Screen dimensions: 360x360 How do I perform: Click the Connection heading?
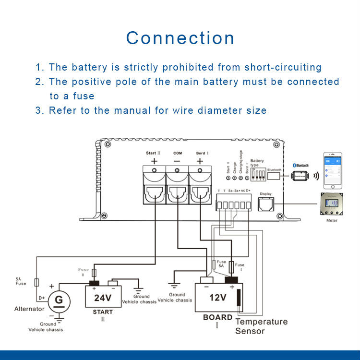click(x=180, y=38)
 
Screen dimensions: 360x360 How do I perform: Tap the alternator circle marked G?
click(x=59, y=300)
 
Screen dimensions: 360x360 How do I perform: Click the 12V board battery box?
click(x=218, y=297)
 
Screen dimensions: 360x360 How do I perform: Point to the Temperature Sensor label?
click(x=261, y=326)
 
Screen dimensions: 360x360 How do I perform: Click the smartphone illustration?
click(x=332, y=170)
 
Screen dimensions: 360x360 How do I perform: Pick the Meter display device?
click(x=332, y=204)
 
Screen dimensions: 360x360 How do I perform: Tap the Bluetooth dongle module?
click(x=300, y=175)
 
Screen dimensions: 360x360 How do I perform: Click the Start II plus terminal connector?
click(x=154, y=184)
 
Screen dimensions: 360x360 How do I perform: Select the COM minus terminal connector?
click(x=178, y=184)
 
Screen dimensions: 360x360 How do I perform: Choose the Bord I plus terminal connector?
click(x=201, y=184)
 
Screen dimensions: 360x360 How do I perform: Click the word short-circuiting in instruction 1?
click(x=283, y=67)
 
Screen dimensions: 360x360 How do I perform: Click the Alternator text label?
click(x=29, y=309)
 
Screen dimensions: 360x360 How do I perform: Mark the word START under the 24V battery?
click(x=103, y=312)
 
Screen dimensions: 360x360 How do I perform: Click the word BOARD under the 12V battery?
click(x=217, y=317)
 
